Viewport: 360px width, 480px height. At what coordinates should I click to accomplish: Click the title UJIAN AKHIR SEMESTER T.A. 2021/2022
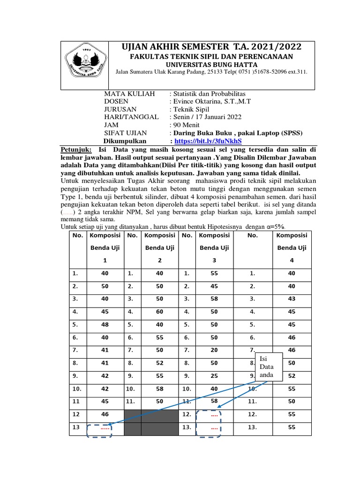point(211,47)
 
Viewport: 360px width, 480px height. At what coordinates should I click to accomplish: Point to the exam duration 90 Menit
point(187,125)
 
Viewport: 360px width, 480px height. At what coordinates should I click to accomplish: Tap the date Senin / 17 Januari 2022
point(207,117)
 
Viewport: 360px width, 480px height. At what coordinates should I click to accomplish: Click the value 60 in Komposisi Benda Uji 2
point(160,311)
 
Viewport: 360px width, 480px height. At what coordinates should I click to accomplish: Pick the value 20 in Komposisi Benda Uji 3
point(214,350)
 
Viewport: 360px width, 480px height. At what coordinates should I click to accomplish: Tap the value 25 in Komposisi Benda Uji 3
point(214,375)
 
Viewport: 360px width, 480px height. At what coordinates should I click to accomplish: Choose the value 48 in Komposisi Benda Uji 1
point(104,324)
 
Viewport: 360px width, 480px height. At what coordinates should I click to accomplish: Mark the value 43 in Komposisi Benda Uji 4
point(292,298)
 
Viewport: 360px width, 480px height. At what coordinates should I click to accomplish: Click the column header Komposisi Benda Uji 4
point(292,248)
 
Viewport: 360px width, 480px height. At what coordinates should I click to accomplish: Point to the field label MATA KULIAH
point(129,94)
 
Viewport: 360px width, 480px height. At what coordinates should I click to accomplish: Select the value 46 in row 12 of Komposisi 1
point(104,414)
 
